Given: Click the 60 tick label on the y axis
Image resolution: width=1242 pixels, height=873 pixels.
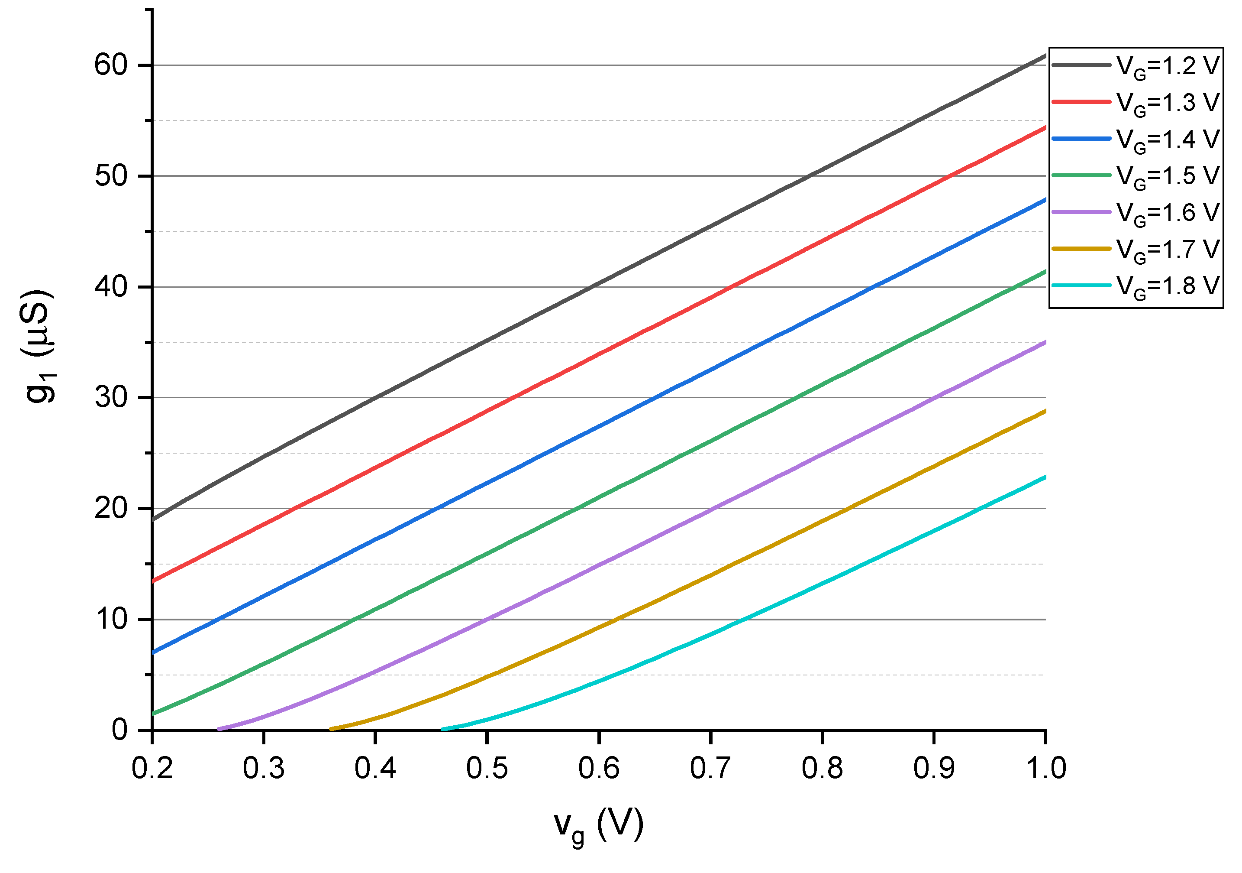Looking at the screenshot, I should click(x=111, y=65).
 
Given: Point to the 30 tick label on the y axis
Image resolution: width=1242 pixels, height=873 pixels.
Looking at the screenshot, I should click(x=111, y=398).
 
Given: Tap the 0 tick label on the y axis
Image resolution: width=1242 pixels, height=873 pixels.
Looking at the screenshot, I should click(x=119, y=730).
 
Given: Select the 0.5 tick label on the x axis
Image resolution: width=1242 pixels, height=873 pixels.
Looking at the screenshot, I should click(x=487, y=769).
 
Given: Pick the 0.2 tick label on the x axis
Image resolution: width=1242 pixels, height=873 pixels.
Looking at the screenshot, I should click(x=152, y=769).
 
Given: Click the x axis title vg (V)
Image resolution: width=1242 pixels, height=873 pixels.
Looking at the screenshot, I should click(x=599, y=827).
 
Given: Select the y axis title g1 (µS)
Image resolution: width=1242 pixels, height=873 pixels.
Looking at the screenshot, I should click(x=39, y=347).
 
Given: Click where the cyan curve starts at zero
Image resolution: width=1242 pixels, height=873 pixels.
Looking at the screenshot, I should click(x=443, y=730).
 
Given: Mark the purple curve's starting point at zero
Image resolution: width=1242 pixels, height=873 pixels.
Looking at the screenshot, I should click(x=219, y=729).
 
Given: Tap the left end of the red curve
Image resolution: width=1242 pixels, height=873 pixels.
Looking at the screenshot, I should click(x=153, y=581).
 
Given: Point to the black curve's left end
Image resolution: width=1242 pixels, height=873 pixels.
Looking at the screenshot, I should click(x=153, y=520).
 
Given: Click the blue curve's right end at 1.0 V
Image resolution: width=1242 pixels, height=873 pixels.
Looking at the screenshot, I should click(x=1045, y=200).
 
